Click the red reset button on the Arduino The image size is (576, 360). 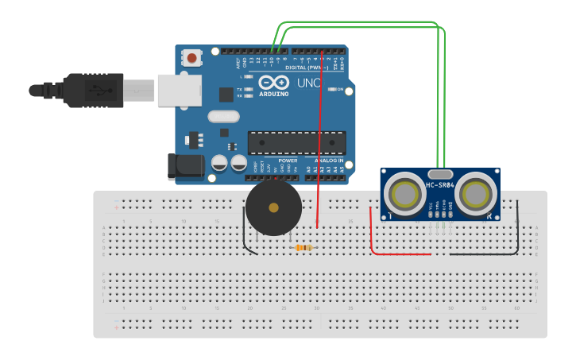point(192,57)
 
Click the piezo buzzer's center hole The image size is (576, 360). point(273,207)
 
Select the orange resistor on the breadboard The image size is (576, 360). point(303,248)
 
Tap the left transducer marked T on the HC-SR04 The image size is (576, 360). point(405,193)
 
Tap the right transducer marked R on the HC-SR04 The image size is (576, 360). point(477,193)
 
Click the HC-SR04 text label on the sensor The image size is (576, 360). point(439,185)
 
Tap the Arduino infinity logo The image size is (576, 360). point(273,83)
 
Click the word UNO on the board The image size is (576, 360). point(308,83)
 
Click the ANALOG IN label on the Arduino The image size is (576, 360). point(329,160)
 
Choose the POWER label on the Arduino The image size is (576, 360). point(288,160)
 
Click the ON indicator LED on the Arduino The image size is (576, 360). point(333,89)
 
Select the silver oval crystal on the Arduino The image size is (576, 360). point(223,117)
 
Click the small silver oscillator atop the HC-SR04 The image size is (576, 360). point(439,173)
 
